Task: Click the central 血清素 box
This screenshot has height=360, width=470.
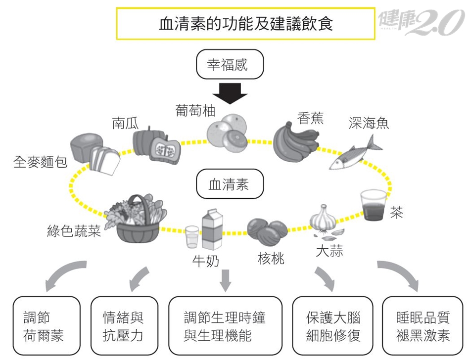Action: click(x=230, y=185)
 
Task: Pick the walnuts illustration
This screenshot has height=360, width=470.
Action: click(x=267, y=232)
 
